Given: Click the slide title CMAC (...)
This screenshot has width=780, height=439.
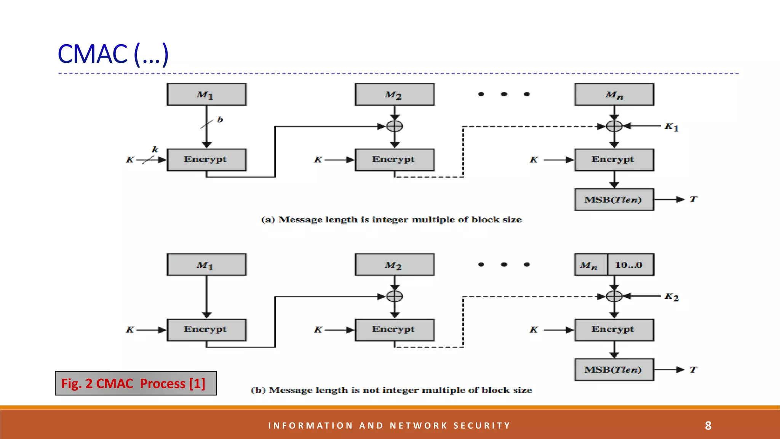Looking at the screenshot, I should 113,54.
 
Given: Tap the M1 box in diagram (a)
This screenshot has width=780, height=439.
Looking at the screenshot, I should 206,95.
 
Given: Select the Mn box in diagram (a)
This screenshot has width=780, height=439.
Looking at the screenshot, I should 614,95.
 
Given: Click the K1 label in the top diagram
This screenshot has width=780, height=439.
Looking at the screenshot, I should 671,127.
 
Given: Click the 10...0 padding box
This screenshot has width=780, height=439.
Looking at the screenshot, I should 630,265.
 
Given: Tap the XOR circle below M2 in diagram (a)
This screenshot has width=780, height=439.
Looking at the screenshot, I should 395,126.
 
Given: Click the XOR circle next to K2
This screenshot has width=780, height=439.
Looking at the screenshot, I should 614,296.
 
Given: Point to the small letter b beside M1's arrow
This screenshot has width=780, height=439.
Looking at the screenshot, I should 220,120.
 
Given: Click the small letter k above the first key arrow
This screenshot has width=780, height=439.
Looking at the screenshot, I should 155,149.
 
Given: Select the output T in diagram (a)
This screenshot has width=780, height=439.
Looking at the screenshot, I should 693,199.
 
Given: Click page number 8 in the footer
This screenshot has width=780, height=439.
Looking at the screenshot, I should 708,426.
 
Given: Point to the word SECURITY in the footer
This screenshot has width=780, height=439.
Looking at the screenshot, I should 482,426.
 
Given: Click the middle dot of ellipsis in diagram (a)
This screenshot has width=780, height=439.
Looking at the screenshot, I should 504,94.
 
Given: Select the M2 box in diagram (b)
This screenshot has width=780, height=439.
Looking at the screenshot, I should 395,265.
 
